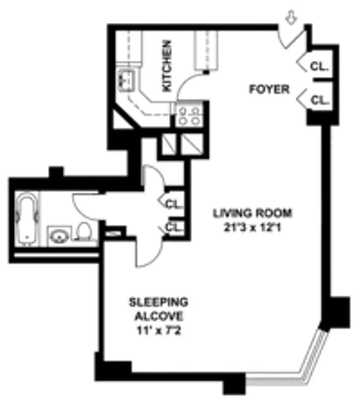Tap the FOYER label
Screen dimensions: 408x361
coord(269,89)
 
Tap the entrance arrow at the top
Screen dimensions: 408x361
coord(291,18)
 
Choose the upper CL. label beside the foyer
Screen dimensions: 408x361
coord(320,66)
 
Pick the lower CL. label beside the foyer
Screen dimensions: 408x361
coord(320,100)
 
